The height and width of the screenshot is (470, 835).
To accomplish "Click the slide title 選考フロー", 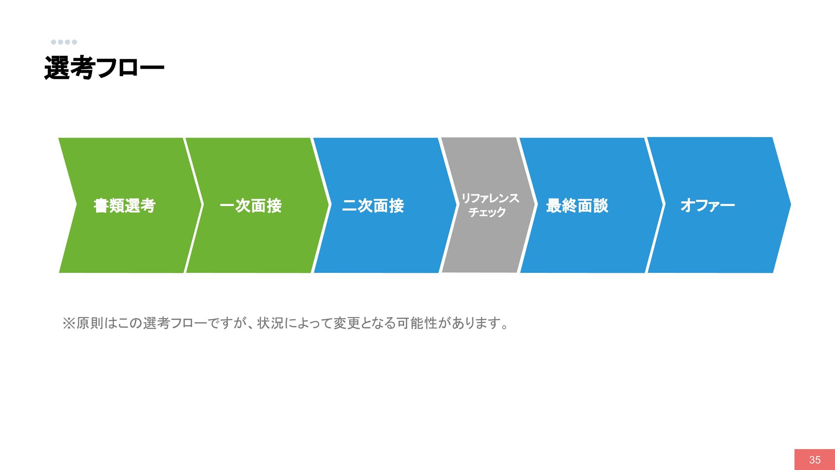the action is [x=104, y=68].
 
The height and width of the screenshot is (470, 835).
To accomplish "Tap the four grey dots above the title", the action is [x=64, y=42].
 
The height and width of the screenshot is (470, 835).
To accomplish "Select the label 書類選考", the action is [x=124, y=205].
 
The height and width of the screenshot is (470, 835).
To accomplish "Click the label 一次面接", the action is [x=250, y=205].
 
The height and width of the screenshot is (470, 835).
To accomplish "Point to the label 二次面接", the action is [x=373, y=205].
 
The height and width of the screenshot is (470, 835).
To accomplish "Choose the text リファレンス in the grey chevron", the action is [x=490, y=198].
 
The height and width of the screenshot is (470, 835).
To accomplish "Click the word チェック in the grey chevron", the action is [x=487, y=212].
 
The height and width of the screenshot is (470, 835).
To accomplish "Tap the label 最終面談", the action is [x=577, y=205].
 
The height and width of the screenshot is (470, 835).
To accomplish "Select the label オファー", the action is [x=708, y=205].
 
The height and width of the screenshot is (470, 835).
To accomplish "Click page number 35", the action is [x=815, y=460].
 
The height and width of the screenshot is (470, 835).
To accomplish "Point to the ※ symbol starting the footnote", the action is [x=69, y=323].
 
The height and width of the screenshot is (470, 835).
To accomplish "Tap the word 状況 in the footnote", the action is [x=271, y=323].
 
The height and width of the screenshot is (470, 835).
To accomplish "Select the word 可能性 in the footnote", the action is [x=417, y=323].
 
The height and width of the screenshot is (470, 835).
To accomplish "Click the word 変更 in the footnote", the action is [x=347, y=323].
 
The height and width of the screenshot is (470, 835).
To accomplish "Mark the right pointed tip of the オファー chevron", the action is [x=791, y=205].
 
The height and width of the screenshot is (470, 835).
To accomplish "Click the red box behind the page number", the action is [x=815, y=460].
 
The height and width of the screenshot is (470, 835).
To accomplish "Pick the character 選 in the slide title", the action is [x=57, y=68].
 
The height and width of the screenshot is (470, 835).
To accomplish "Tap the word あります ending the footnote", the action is [x=475, y=323].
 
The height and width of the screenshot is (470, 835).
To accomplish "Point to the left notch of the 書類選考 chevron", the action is [x=77, y=205].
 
